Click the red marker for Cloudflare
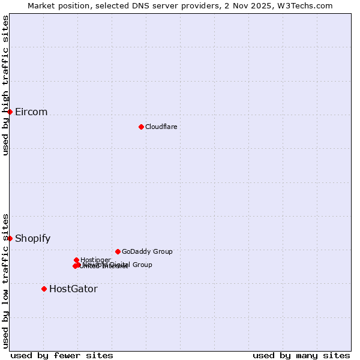(x=141, y=127)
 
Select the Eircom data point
(x=10, y=112)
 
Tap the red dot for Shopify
(x=10, y=238)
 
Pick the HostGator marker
(x=44, y=289)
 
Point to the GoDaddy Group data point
(x=118, y=251)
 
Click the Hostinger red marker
(x=76, y=260)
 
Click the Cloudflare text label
(x=161, y=127)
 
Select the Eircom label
(x=31, y=112)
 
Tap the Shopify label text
(x=32, y=239)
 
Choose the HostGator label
(x=73, y=289)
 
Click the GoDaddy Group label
(x=147, y=252)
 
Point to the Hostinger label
(x=96, y=260)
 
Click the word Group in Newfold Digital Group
(x=142, y=265)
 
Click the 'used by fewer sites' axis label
(x=62, y=355)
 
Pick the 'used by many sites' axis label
(x=301, y=355)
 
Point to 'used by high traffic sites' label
(x=5, y=85)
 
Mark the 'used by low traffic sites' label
(x=5, y=281)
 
